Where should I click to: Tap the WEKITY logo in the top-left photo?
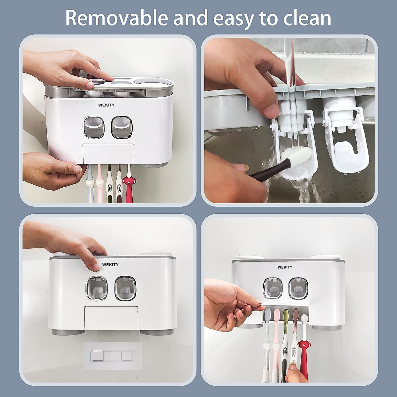click(106, 105)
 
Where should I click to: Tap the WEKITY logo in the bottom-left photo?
click(110, 264)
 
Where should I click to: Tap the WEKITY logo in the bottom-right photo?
click(285, 267)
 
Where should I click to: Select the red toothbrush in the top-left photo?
click(127, 185)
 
